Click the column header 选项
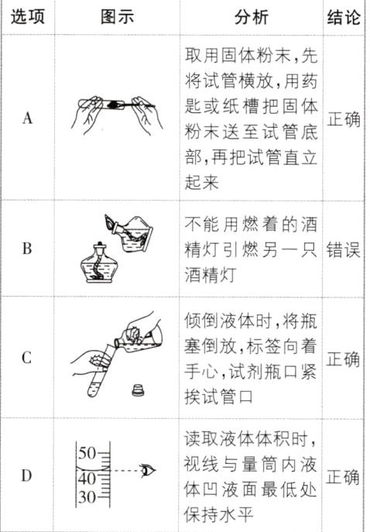[x=27, y=17]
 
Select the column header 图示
[x=118, y=17]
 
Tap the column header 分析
[x=252, y=17]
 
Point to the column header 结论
[x=344, y=17]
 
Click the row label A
[x=27, y=119]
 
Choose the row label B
[x=27, y=249]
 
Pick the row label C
[x=27, y=359]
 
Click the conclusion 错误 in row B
[x=344, y=249]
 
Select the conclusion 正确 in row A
[x=344, y=120]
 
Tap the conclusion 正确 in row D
[x=344, y=476]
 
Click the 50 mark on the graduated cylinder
[x=87, y=452]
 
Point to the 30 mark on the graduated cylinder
[x=87, y=497]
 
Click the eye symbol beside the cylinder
[x=149, y=469]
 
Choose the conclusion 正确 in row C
[x=344, y=359]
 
